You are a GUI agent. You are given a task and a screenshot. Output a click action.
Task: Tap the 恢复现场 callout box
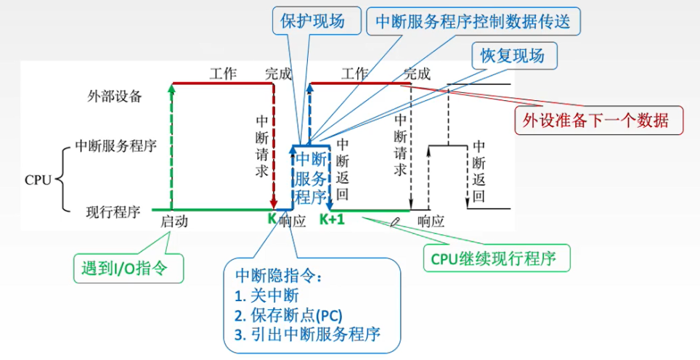click(x=513, y=55)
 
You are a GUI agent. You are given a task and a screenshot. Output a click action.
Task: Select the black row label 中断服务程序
click(x=116, y=145)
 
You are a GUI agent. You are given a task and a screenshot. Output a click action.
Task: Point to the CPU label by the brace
click(x=38, y=179)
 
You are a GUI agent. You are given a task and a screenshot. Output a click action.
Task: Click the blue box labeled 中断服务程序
click(x=311, y=179)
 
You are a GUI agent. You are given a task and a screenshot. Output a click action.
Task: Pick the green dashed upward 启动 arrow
click(x=171, y=145)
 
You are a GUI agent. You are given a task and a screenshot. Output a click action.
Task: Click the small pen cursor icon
click(x=396, y=221)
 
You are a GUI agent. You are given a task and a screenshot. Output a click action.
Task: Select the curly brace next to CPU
click(x=63, y=179)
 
